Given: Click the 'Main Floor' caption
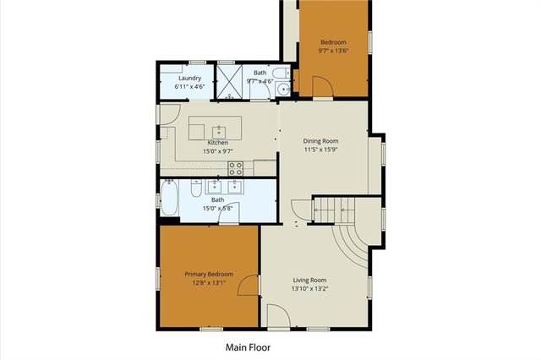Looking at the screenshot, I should click(247, 346).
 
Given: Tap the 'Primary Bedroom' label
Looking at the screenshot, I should click(209, 274).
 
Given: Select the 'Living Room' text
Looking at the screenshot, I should click(309, 281).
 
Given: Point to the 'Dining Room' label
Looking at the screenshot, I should click(321, 141).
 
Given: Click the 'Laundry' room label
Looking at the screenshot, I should click(189, 79).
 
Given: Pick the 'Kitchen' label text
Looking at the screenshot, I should click(217, 143).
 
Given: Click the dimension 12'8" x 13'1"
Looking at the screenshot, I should click(209, 283).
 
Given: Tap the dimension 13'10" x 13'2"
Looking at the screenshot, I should click(309, 289).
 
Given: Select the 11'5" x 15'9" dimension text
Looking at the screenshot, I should click(321, 150).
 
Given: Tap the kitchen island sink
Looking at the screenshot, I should click(219, 131).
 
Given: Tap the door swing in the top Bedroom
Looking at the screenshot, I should click(321, 86).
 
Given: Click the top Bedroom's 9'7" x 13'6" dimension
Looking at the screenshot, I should click(333, 51).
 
